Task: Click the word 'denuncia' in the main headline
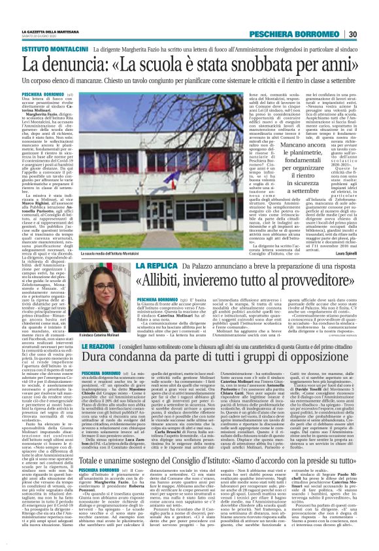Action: [x=88, y=65]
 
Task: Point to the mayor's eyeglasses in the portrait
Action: [x=116, y=301]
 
